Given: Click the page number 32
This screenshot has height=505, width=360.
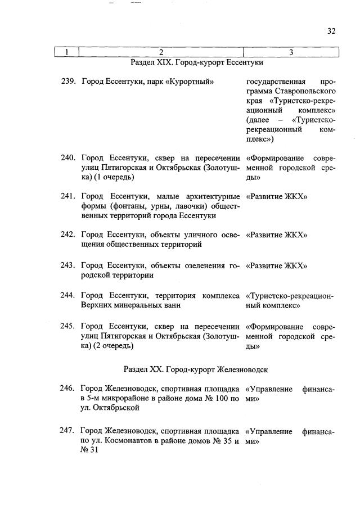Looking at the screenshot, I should pyautogui.click(x=331, y=31).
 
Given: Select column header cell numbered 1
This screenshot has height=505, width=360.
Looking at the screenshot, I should pyautogui.click(x=67, y=53).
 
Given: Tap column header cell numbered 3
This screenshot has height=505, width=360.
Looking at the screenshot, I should pyautogui.click(x=291, y=53).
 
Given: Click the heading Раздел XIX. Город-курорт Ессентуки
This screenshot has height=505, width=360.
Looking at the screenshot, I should pyautogui.click(x=197, y=62).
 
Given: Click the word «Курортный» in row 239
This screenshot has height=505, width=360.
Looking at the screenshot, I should pyautogui.click(x=195, y=82).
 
